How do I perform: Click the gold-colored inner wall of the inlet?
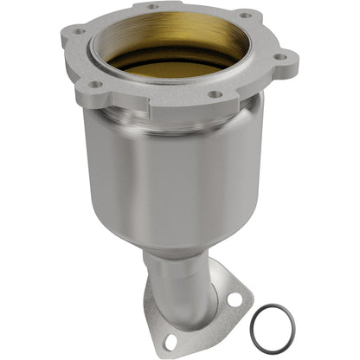[x=173, y=35]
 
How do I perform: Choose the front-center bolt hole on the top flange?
[x=215, y=93]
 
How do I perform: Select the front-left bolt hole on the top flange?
[x=97, y=85]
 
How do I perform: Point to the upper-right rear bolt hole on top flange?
[x=245, y=15]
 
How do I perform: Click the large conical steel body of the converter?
[x=173, y=173]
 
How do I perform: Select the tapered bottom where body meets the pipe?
[x=177, y=236]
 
